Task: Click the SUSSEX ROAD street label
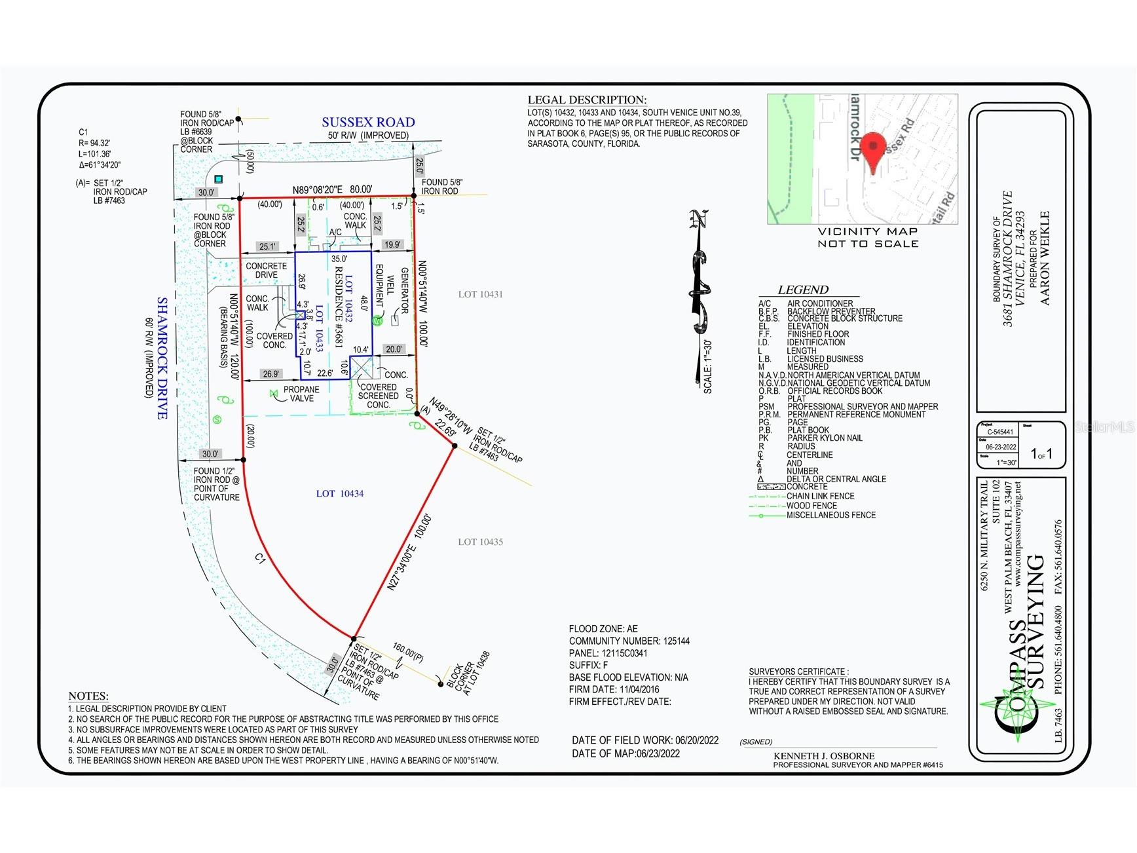[368, 123]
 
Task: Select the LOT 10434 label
[339, 494]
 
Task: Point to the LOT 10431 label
[480, 295]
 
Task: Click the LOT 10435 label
[480, 542]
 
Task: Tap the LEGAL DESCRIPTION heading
[587, 100]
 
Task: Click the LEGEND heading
[803, 290]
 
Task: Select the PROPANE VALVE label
[301, 394]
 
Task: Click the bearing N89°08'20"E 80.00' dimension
[332, 190]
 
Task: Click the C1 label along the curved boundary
[260, 558]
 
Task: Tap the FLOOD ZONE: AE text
[603, 629]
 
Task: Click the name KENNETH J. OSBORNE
[824, 756]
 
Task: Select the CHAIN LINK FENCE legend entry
[820, 497]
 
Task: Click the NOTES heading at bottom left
[88, 696]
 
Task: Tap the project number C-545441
[1000, 432]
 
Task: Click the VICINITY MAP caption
[868, 231]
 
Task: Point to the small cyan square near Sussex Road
[219, 179]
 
